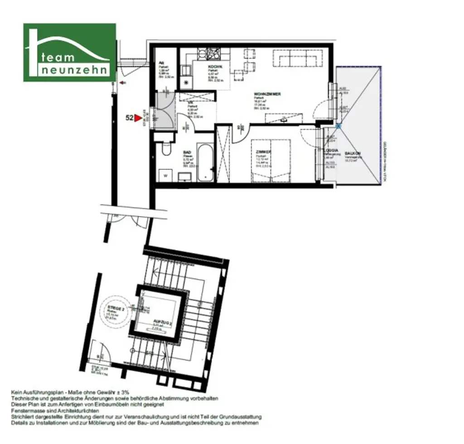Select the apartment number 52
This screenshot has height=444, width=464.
click(129, 118)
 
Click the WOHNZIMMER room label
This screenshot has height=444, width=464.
click(267, 94)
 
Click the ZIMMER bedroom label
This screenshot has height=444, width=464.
click(263, 152)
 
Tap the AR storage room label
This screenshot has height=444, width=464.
click(160, 63)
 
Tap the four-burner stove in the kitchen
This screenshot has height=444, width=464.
click(213, 54)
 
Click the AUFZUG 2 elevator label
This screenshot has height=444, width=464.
click(162, 322)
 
